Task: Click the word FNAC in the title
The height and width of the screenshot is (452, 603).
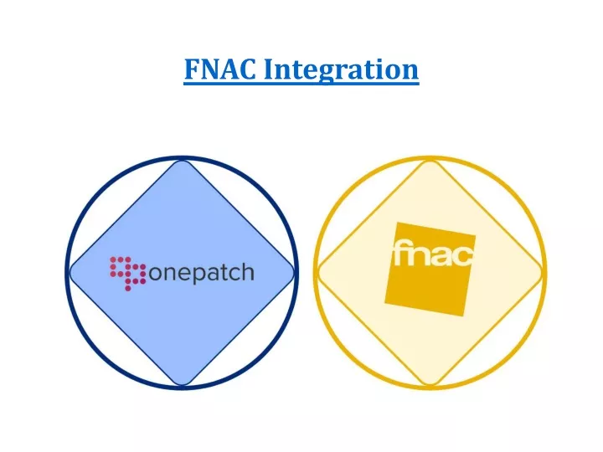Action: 220,69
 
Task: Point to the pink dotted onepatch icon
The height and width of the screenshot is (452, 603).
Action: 127,274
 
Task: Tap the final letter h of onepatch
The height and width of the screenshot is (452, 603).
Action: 248,272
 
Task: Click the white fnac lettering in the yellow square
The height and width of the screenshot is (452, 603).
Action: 433,253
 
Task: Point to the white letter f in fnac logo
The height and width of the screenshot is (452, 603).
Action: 399,253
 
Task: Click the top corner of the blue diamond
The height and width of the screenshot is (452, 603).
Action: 182,161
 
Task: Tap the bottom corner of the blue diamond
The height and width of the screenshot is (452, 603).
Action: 182,385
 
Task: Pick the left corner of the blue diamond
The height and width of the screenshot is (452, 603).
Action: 70,273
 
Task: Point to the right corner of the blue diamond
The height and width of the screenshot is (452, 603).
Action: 294,273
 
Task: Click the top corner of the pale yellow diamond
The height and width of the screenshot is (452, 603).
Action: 430,161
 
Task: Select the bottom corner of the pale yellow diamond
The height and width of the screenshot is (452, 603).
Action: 430,385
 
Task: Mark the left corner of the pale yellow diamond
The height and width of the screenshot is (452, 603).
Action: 318,273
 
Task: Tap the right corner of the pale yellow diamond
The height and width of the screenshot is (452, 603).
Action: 542,273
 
